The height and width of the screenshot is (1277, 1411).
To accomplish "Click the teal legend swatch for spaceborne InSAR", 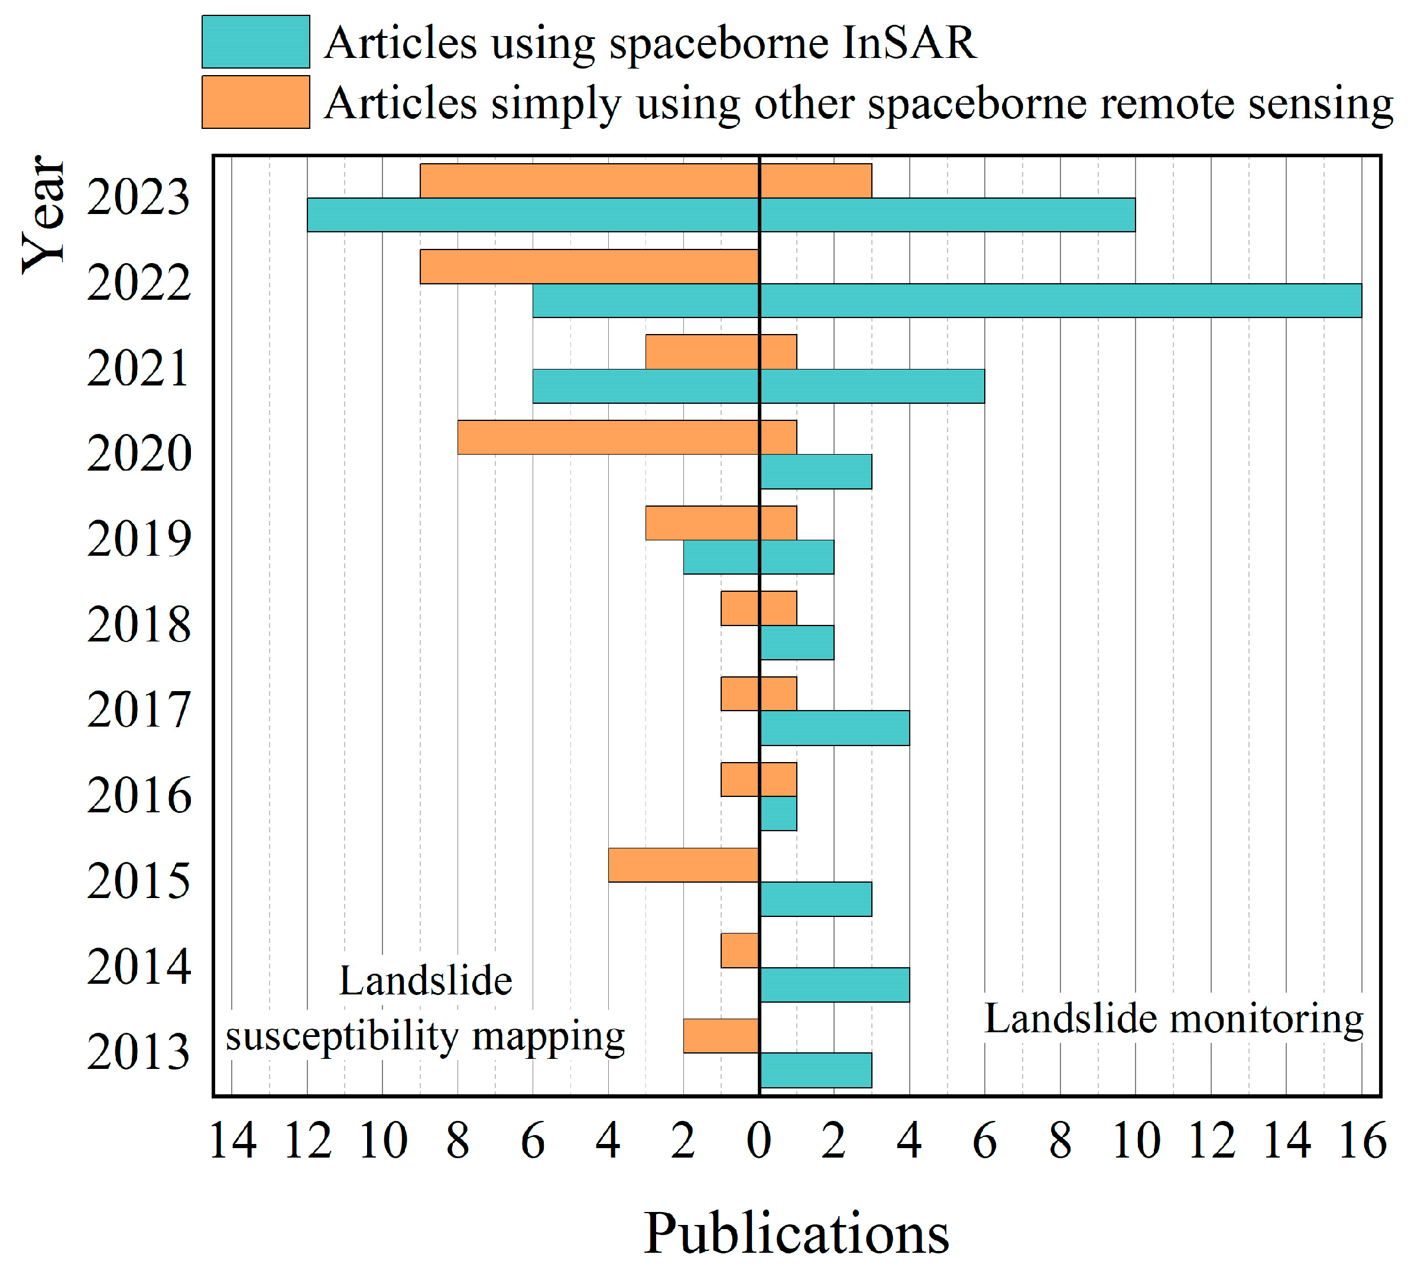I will (255, 42).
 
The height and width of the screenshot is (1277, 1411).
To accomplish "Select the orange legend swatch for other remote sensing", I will (255, 102).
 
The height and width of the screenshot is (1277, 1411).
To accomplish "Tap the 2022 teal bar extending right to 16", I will (1060, 300).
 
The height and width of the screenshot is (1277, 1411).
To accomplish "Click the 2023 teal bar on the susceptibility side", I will (533, 215).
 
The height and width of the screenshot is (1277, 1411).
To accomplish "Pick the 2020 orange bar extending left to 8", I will (608, 437).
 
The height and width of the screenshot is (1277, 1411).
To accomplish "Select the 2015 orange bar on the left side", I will (684, 864).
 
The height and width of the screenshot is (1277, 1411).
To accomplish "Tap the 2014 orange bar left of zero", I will (740, 950).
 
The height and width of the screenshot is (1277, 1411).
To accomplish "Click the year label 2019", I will (138, 540).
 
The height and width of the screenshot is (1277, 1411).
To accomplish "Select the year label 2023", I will (138, 197).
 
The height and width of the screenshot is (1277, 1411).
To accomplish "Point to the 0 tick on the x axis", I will (758, 1141).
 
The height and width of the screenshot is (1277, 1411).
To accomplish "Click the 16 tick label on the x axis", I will (1362, 1141).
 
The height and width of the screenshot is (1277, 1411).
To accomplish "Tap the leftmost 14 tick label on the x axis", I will (232, 1141).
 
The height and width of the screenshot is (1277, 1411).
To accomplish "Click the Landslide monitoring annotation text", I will (1174, 1019).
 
